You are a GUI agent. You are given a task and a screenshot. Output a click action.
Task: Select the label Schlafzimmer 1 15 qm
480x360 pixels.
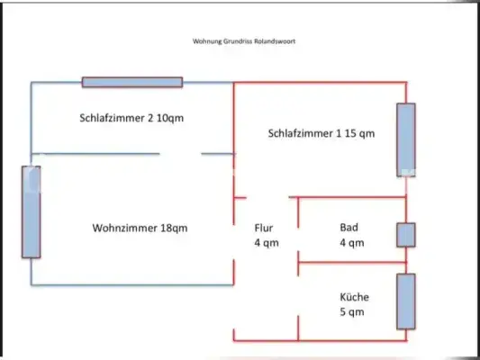point(321,133)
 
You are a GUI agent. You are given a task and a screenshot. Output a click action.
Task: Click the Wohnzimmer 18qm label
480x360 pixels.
point(140,228)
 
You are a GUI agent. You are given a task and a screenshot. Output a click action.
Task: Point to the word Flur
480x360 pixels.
point(264,228)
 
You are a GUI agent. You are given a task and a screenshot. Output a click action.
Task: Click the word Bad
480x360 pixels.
point(349,228)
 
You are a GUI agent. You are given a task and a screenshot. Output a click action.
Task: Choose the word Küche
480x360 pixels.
point(354,297)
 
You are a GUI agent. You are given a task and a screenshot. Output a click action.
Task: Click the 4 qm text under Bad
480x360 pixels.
point(351,243)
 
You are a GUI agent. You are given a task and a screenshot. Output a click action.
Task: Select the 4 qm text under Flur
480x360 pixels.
point(267,243)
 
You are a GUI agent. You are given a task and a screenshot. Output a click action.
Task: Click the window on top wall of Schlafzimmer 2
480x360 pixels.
point(132,82)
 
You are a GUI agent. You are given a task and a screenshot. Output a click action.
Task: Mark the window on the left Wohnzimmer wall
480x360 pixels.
point(31,211)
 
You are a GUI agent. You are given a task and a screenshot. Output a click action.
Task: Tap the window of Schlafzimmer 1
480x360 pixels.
point(406,139)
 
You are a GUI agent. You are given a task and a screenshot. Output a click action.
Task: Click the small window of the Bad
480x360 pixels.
point(406,235)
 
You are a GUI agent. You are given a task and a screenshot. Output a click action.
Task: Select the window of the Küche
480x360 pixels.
point(406,301)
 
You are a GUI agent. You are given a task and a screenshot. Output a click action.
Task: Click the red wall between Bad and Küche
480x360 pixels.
point(351,263)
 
